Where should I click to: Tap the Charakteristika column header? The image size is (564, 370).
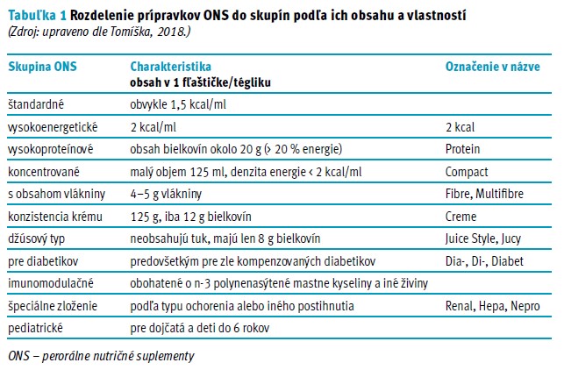click(170, 67)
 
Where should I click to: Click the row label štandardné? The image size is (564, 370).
click(38, 104)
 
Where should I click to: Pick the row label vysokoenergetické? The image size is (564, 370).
click(51, 126)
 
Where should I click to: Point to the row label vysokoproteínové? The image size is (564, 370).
click(50, 149)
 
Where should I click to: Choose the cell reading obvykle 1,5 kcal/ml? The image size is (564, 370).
click(177, 104)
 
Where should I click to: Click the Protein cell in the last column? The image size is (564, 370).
click(463, 149)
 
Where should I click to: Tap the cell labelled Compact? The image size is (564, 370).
click(467, 172)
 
